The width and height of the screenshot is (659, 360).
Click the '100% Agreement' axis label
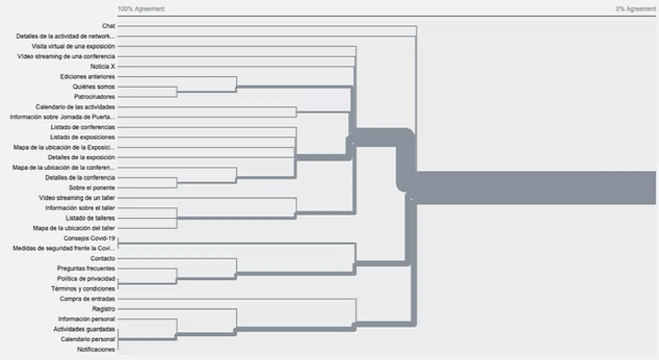click(x=141, y=9)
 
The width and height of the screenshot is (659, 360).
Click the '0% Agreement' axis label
click(x=636, y=9)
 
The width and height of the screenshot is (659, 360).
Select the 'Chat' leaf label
click(x=108, y=26)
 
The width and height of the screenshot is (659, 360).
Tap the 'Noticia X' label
click(x=103, y=66)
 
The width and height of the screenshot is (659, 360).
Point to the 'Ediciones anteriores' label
click(x=88, y=77)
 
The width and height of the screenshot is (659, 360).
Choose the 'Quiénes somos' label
click(x=93, y=86)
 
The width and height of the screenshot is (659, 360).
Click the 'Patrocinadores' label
click(x=94, y=97)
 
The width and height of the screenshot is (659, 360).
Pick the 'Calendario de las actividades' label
click(x=75, y=106)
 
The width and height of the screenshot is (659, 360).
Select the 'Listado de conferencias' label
click(x=83, y=127)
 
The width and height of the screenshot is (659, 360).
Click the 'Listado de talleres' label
click(x=90, y=218)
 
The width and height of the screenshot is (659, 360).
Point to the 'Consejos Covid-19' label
click(x=89, y=238)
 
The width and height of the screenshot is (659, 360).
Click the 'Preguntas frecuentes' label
click(x=86, y=268)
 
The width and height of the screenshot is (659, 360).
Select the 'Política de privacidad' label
click(x=86, y=278)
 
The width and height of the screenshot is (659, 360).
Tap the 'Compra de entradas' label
click(x=87, y=299)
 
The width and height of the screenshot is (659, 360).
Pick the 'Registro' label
click(x=103, y=309)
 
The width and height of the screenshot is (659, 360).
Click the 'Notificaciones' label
click(x=95, y=349)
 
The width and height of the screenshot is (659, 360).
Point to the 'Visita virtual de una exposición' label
click(x=74, y=46)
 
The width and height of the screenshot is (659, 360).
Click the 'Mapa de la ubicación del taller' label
click(x=74, y=228)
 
